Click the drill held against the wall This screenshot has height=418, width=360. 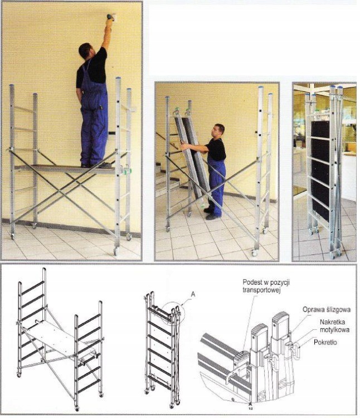[110, 17]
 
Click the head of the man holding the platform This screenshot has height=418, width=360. [219, 130]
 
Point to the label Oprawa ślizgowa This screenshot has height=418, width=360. [327, 310]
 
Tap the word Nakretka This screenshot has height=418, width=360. [332, 322]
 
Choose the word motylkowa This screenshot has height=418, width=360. [334, 330]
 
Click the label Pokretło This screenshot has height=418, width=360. [325, 342]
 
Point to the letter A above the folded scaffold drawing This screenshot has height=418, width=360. [193, 294]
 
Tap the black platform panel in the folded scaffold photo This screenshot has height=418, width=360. [320, 171]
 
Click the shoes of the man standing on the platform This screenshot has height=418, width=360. [96, 166]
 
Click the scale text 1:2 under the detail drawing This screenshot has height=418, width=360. [250, 407]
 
